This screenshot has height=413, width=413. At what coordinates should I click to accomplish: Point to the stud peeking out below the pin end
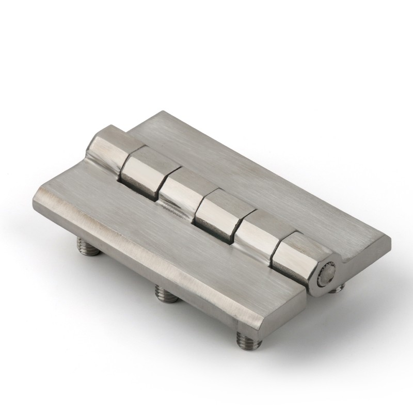pos(336,288)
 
